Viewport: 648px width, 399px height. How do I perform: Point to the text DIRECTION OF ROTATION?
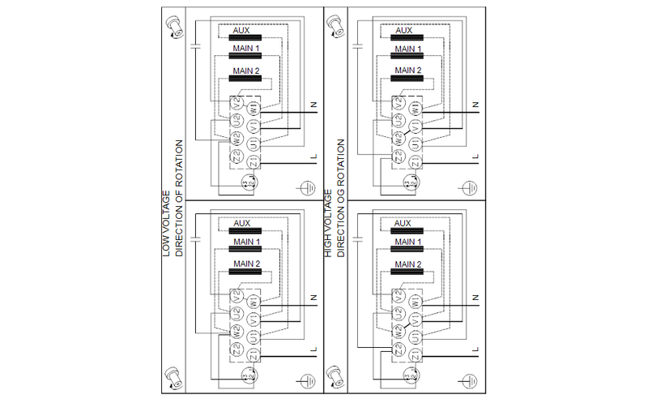(x=177, y=199)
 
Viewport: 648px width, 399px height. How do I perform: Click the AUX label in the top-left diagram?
(x=241, y=31)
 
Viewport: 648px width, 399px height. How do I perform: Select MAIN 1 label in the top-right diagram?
(x=408, y=50)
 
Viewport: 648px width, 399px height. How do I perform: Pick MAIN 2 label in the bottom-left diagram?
(x=247, y=264)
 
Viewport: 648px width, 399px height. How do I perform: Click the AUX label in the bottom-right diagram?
(x=403, y=223)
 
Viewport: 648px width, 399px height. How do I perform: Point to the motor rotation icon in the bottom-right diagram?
(x=333, y=376)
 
